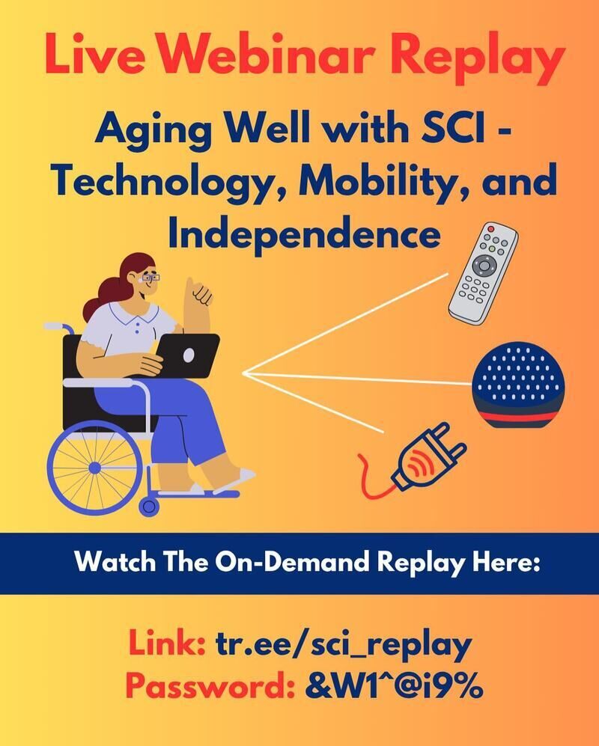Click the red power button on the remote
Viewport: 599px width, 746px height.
click(x=491, y=229)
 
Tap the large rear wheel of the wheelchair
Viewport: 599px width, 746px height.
click(x=95, y=468)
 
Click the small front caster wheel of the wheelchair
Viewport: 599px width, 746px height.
click(x=148, y=507)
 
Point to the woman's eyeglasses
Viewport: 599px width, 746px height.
click(x=151, y=277)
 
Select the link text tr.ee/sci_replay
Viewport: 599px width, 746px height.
click(x=344, y=645)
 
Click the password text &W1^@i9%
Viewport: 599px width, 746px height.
click(x=393, y=687)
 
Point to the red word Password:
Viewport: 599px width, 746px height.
click(x=210, y=687)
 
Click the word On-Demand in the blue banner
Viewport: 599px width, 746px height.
click(x=292, y=563)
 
